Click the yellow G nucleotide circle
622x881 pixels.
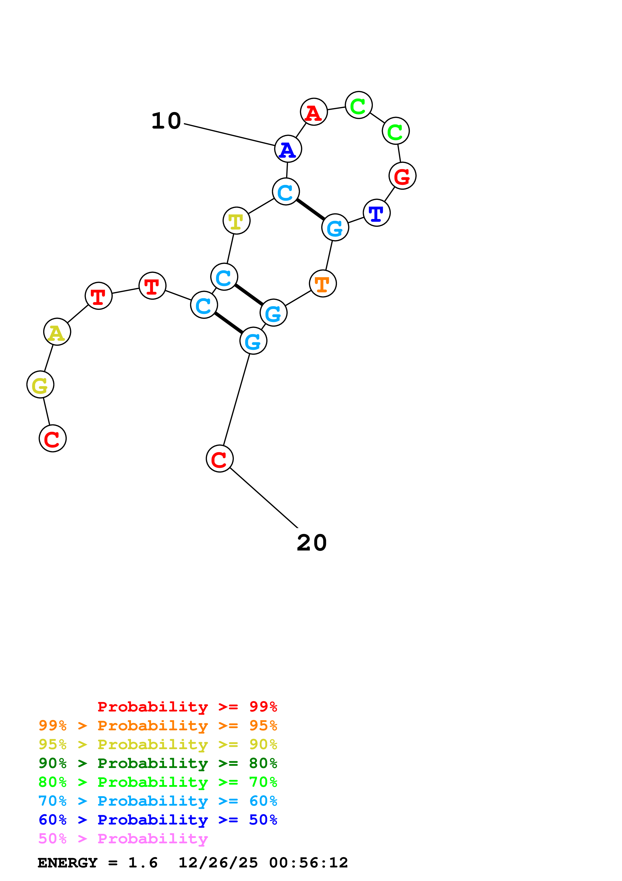coord(40,384)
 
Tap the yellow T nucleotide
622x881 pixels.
coord(236,221)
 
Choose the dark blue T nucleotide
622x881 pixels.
coord(377,213)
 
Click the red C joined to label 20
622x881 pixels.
coord(220,459)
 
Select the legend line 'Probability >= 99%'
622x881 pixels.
coord(187,707)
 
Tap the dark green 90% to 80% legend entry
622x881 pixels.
coord(158,763)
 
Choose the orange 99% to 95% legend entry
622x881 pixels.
coord(158,726)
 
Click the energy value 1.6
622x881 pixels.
coord(143,863)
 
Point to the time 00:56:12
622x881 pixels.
coord(309,863)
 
